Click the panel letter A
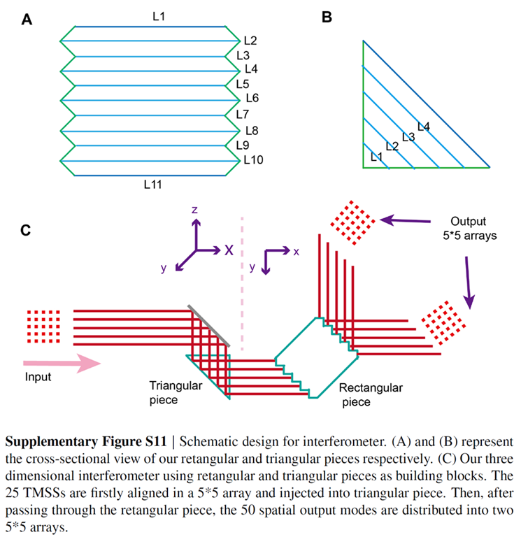[x=27, y=21]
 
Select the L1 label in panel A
[x=158, y=15]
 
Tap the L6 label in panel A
[x=252, y=98]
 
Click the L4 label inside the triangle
[x=423, y=127]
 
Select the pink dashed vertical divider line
[x=243, y=287]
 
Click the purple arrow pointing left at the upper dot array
[x=405, y=222]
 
